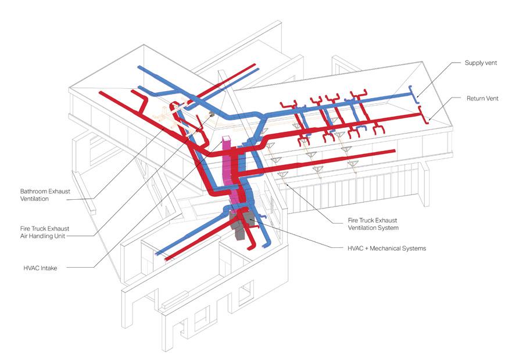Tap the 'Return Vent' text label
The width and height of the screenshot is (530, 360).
click(x=482, y=99)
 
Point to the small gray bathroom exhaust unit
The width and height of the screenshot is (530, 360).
click(x=212, y=114)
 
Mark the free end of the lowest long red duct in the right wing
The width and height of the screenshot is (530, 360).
click(x=382, y=153)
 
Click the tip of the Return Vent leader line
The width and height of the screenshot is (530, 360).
click(x=429, y=121)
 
